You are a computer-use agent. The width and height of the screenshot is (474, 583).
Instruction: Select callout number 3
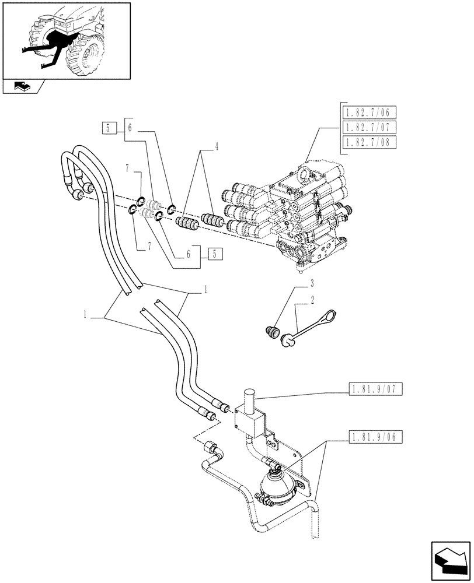312,284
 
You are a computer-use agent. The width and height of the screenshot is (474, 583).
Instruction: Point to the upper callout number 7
126,170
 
